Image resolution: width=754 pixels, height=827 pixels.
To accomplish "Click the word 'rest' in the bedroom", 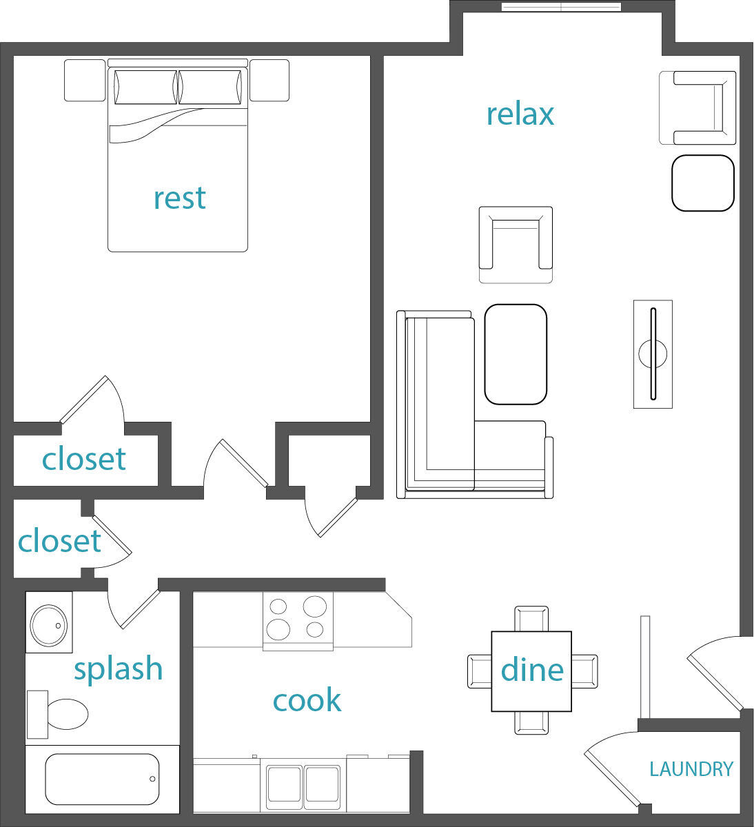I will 179,198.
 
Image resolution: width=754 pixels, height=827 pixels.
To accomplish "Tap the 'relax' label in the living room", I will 520,114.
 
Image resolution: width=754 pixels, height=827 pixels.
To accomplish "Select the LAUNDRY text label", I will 691,768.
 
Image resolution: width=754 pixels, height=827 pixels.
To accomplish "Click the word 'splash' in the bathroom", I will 118,669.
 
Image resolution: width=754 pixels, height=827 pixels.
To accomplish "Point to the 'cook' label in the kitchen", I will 307,700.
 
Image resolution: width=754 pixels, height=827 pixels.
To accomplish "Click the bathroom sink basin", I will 48,624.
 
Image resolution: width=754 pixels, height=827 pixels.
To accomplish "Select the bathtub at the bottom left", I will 102,779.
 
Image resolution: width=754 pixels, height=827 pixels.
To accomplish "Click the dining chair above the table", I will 531,618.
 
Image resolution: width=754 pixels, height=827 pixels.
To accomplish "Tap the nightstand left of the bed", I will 85,81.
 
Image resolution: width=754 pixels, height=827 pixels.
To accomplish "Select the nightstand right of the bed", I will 269,81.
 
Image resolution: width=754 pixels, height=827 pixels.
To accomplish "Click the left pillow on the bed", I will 145,88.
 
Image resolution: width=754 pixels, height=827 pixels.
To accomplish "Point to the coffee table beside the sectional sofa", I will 516,354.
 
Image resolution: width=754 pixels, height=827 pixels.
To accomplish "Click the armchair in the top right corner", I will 697,108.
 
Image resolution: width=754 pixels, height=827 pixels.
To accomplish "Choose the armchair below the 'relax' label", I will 516,245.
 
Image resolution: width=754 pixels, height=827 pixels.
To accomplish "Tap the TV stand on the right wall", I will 653,354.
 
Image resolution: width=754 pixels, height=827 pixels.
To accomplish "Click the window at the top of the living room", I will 561,8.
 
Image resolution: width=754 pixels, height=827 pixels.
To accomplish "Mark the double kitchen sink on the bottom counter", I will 303,786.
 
